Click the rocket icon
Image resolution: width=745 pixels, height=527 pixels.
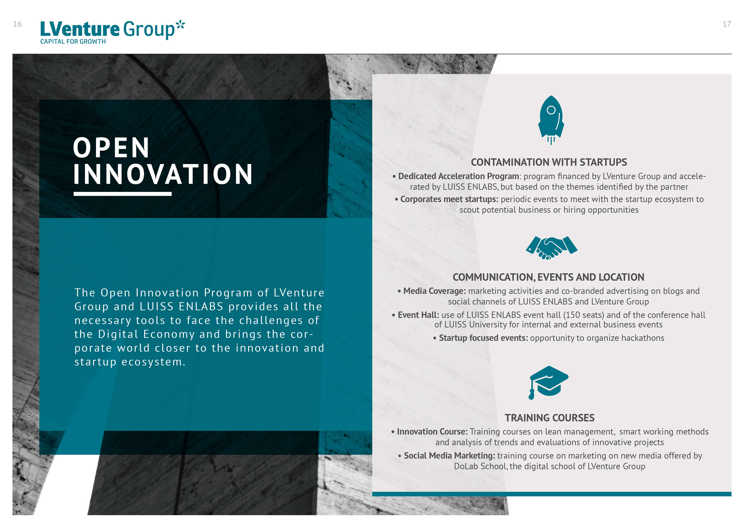[x=551, y=120]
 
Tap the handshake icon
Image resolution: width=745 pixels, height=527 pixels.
[x=552, y=248]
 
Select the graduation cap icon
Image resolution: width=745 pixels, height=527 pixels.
[x=549, y=382]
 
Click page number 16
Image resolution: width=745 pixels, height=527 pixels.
[x=17, y=24]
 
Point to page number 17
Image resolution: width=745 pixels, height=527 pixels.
[x=727, y=24]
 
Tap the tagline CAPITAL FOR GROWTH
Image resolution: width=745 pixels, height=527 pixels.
[x=73, y=41]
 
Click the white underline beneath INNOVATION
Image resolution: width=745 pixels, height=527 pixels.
[x=123, y=194]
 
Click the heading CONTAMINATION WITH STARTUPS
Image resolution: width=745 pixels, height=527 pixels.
[x=549, y=162]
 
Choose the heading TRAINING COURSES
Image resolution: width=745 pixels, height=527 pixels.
[x=549, y=418]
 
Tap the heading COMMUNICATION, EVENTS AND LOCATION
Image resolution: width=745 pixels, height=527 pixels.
[x=548, y=277]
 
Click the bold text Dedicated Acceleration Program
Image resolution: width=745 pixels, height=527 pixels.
[x=458, y=176]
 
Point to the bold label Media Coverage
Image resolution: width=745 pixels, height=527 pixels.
[x=434, y=291]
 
